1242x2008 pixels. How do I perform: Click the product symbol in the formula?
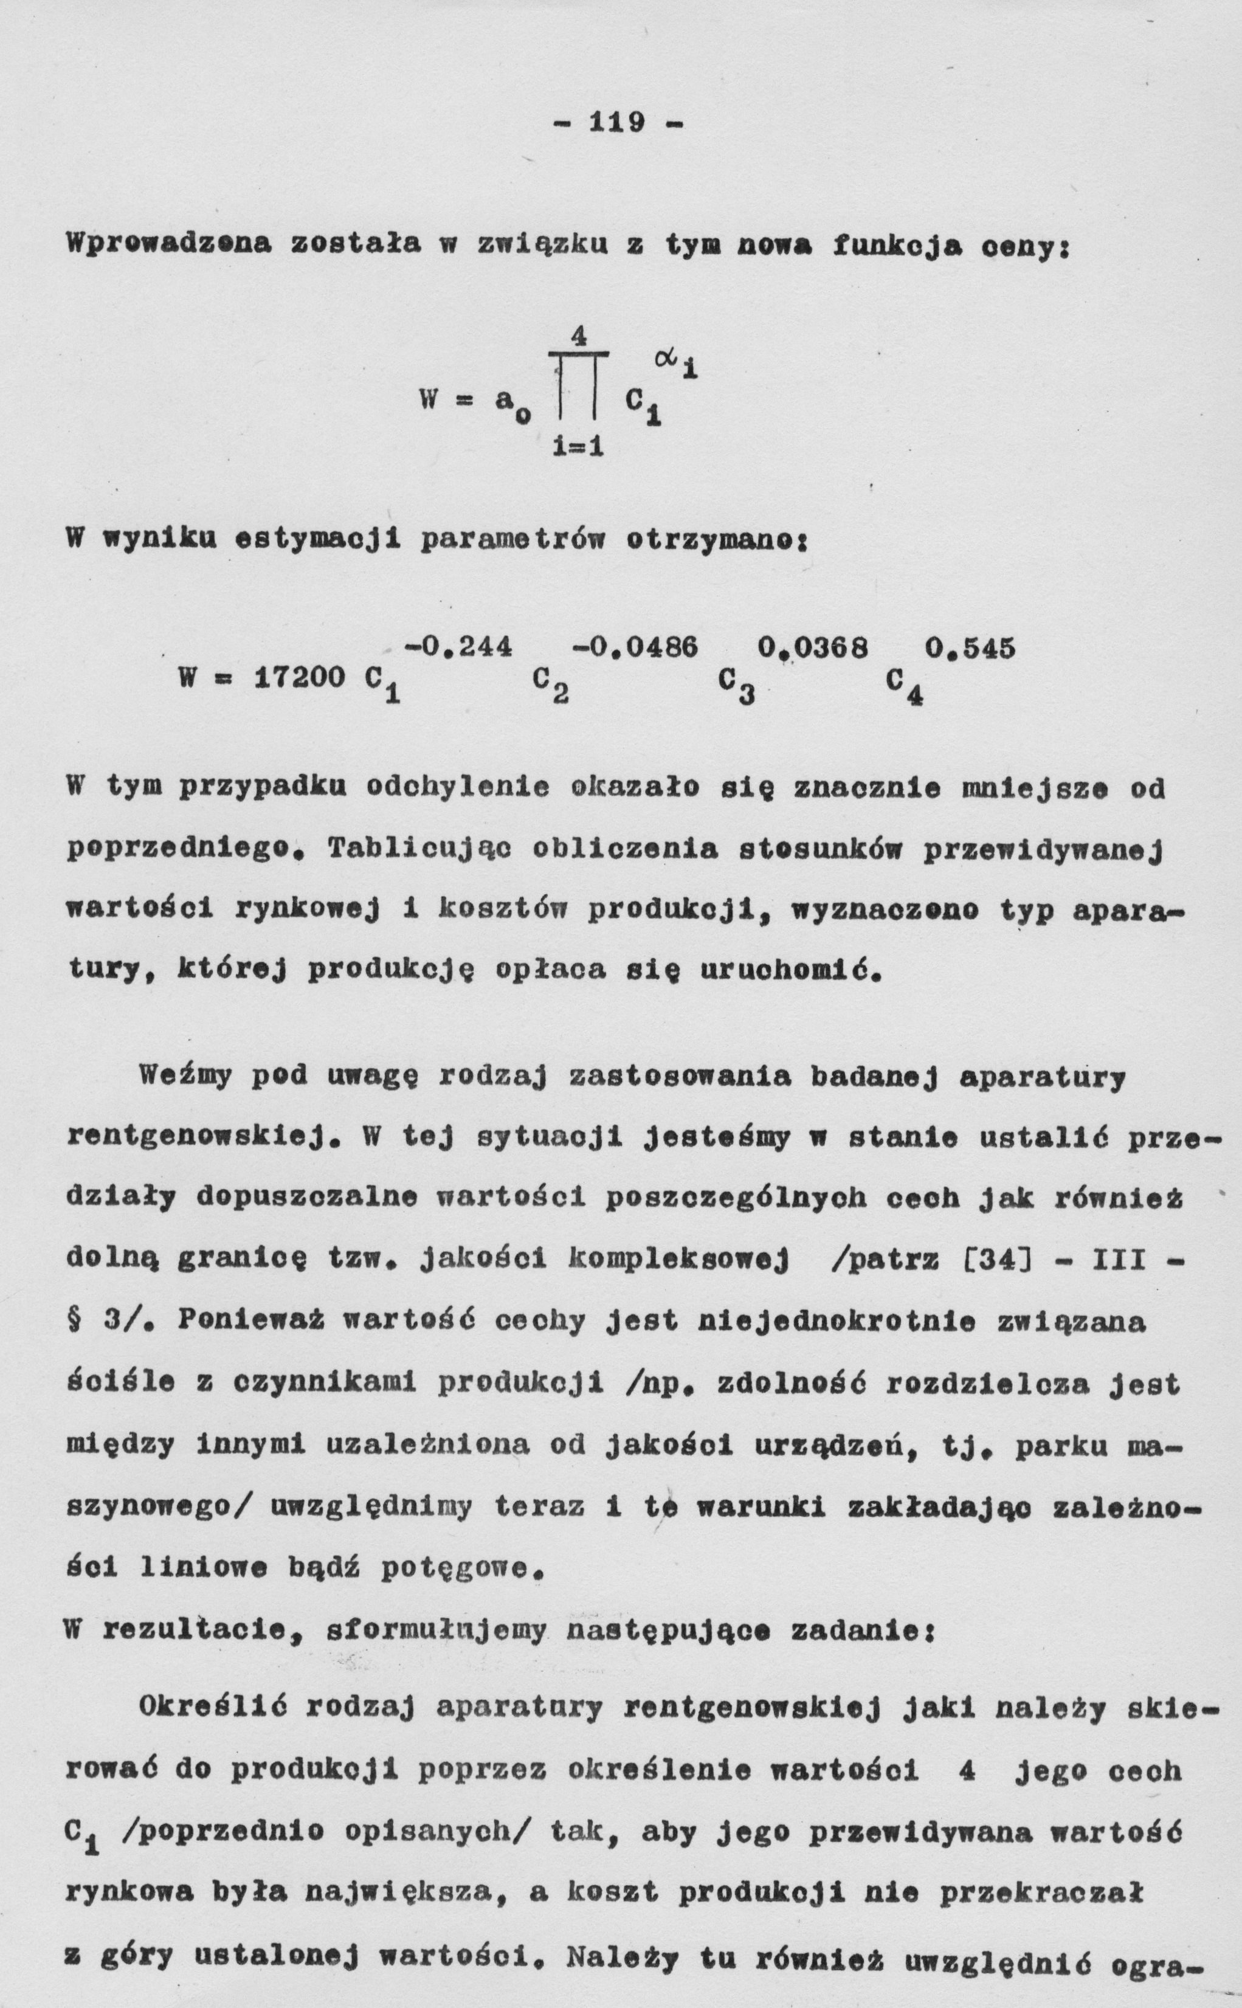pos(578,386)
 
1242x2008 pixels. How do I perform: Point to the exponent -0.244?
pos(458,648)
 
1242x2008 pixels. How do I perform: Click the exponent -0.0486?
pos(633,648)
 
